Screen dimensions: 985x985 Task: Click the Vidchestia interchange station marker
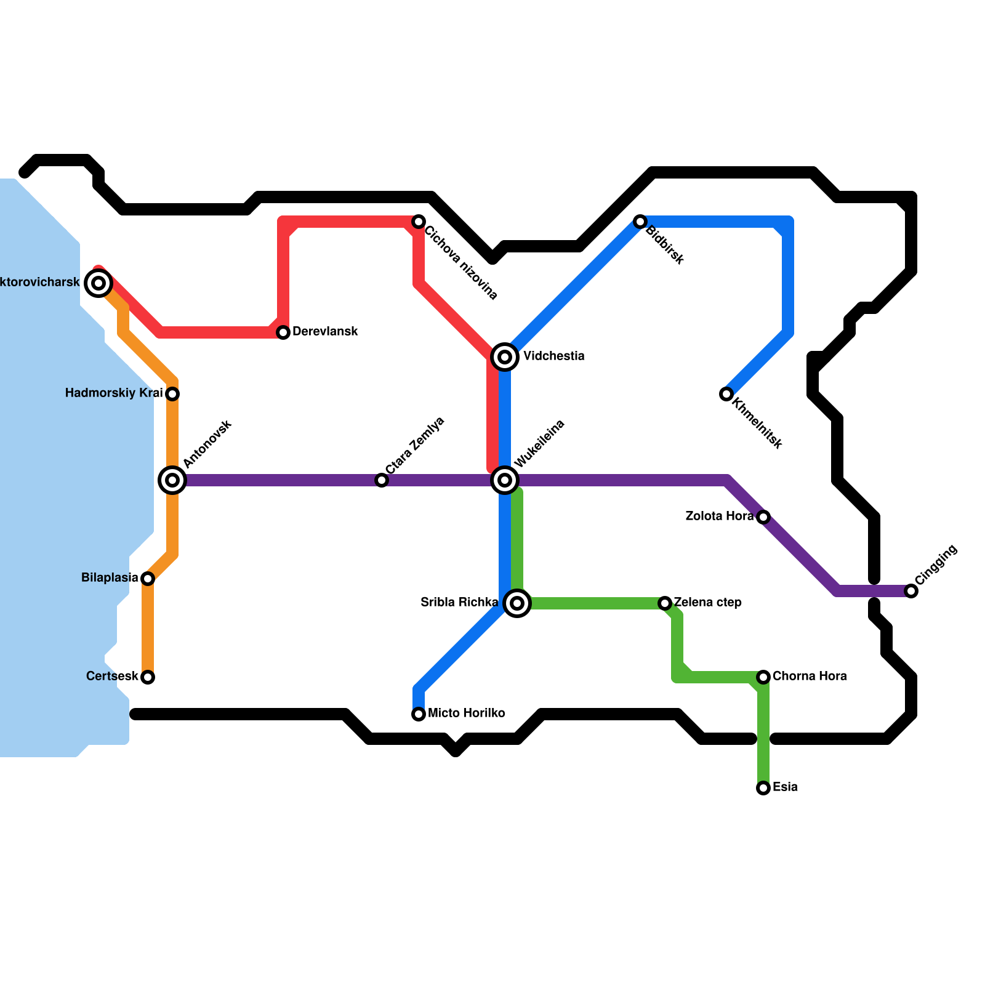point(505,356)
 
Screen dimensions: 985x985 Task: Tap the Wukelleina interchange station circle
point(505,480)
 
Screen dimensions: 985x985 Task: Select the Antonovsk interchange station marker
point(172,480)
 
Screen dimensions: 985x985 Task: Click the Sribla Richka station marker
point(517,603)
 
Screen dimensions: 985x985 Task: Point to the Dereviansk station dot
point(283,332)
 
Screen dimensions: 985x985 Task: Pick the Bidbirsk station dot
point(640,222)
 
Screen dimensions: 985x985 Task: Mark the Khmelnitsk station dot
point(726,394)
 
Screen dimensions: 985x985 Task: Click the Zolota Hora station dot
point(763,517)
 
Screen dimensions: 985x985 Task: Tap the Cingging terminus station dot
point(911,591)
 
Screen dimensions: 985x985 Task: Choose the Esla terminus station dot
point(763,788)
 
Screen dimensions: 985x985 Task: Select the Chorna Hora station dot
point(763,677)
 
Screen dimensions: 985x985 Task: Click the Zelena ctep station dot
point(665,603)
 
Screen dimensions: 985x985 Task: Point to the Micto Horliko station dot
point(419,714)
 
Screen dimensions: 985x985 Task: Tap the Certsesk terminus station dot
point(148,677)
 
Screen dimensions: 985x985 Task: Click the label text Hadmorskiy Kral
point(114,393)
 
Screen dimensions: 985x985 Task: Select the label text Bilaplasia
point(110,578)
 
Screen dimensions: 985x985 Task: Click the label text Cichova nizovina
point(461,263)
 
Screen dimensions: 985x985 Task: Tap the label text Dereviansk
point(325,332)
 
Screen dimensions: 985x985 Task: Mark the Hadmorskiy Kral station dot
point(172,394)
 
